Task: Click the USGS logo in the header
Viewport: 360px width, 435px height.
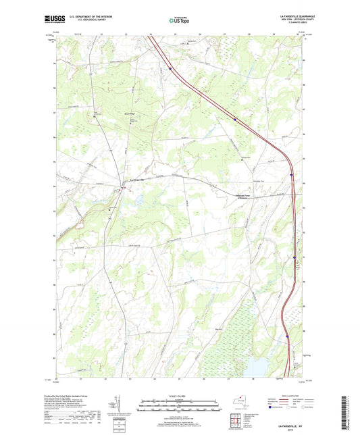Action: coord(55,20)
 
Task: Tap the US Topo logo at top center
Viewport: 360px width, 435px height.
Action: coord(179,21)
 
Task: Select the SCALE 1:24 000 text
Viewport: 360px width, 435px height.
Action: coord(179,396)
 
